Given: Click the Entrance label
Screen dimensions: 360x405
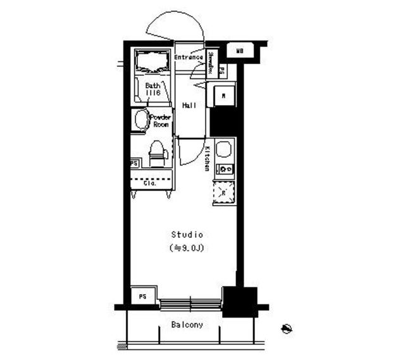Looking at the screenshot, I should [189, 58].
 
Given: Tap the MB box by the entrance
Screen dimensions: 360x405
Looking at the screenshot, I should [240, 51].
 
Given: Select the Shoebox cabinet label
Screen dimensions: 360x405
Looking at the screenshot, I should [210, 65].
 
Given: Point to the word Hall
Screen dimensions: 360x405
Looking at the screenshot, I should [189, 105].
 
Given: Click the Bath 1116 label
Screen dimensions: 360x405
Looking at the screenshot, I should [153, 89].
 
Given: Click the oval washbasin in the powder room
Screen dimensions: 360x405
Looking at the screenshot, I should [140, 120].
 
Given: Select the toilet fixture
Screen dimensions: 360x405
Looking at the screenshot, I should [157, 152].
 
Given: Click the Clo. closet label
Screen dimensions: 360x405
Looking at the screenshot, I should [151, 183].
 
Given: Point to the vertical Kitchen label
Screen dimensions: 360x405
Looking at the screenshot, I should [207, 159].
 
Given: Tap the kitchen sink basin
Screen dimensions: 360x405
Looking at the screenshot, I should [223, 150].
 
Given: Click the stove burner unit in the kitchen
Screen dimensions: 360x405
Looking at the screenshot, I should [225, 169].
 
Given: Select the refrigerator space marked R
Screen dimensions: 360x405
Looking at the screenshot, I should [223, 192].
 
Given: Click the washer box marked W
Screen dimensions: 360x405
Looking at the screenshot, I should [224, 96].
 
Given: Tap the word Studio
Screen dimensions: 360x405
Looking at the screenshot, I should [187, 235].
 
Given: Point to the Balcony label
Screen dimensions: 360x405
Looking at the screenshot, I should [187, 325].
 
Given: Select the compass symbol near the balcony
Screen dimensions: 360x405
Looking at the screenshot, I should [286, 328].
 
